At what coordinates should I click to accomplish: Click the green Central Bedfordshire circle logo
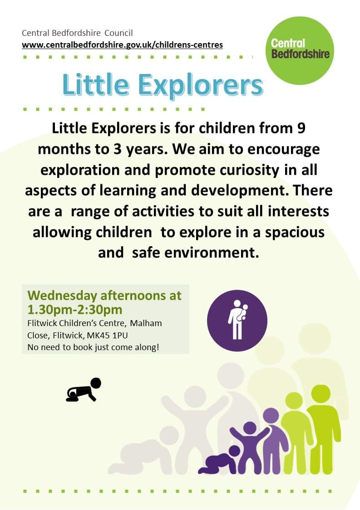click(x=300, y=51)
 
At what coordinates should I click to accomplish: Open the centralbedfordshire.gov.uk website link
click(x=122, y=45)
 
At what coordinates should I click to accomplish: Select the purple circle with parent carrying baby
click(x=237, y=320)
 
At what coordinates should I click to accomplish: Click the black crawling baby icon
click(x=84, y=389)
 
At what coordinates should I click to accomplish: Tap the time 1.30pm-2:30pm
click(x=75, y=309)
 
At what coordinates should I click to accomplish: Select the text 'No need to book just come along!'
click(x=94, y=347)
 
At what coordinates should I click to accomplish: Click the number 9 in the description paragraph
click(x=301, y=128)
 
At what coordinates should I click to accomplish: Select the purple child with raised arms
click(x=249, y=447)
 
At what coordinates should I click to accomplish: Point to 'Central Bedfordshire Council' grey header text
click(x=77, y=33)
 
